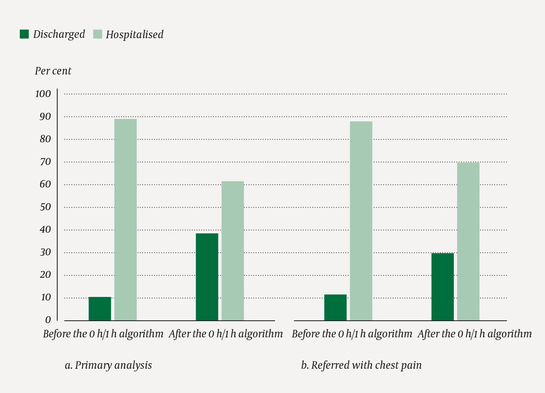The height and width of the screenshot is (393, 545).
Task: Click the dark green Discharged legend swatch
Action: coord(24,34)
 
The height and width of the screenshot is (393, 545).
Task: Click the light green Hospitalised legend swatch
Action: coord(98,34)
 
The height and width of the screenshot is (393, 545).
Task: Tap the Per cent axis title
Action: coord(53,71)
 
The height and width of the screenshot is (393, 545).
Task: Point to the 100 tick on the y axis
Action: coord(43,94)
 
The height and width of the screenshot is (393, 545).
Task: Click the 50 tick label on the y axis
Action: coord(45,207)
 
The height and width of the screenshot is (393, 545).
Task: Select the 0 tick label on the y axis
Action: coord(48,320)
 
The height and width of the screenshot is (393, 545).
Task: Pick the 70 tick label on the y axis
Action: coord(45,162)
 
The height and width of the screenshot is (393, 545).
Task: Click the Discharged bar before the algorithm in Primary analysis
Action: coord(100,309)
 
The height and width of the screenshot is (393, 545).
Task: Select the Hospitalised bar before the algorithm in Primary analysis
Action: coord(126,220)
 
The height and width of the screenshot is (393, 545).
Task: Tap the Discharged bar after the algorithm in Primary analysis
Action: coord(207,277)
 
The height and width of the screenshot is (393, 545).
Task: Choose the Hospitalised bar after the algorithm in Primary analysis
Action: coord(233,251)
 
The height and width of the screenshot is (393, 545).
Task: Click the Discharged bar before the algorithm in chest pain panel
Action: coord(335,307)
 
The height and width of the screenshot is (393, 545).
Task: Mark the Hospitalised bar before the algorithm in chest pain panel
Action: coord(361,221)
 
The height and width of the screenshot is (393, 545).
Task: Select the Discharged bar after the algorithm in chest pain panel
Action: coord(443,287)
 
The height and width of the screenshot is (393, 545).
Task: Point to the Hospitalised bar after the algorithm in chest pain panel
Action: coord(468,241)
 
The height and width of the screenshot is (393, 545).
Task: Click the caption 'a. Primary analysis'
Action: coord(109,365)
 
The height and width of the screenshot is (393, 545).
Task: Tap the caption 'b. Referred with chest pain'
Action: coord(361,365)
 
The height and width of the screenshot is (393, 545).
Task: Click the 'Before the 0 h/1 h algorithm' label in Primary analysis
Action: coord(103,334)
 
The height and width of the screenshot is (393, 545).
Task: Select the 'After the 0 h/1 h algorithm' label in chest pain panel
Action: coord(475,334)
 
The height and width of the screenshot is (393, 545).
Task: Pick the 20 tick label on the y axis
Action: coord(45,275)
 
